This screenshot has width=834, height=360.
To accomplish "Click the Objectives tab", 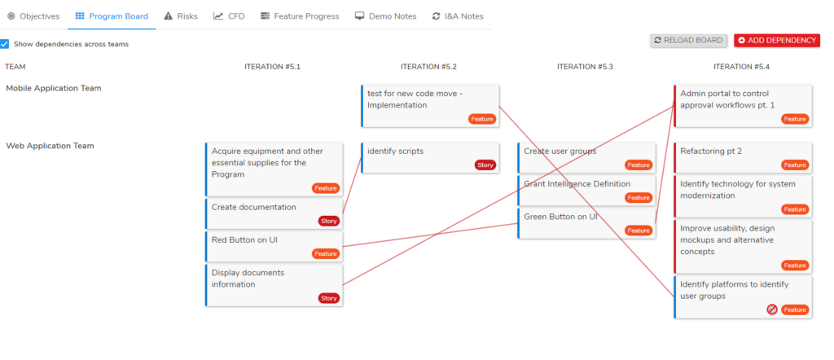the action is pyautogui.click(x=33, y=16).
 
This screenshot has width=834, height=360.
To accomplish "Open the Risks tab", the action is pyautogui.click(x=181, y=16).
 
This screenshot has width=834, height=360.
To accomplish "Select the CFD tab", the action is pyautogui.click(x=229, y=16).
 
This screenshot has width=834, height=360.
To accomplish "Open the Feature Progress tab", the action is pyautogui.click(x=300, y=16).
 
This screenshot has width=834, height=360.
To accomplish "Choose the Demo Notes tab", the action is pyautogui.click(x=385, y=16).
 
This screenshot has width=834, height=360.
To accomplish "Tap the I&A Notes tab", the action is pyautogui.click(x=458, y=16).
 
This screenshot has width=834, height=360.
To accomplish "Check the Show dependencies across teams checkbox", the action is pyautogui.click(x=5, y=44).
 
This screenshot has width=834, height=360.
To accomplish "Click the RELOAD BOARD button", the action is pyautogui.click(x=688, y=41).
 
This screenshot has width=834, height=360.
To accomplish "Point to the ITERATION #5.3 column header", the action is pyautogui.click(x=585, y=67).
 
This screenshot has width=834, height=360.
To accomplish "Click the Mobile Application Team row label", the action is pyautogui.click(x=53, y=88).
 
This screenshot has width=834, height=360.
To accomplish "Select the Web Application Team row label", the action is pyautogui.click(x=50, y=146).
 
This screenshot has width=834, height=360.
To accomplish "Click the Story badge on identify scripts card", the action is pyautogui.click(x=485, y=165).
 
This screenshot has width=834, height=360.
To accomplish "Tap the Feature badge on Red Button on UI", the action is pyautogui.click(x=326, y=253).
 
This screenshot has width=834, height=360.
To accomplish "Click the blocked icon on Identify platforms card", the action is pyautogui.click(x=772, y=310).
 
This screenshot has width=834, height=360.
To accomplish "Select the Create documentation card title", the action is pyautogui.click(x=254, y=208).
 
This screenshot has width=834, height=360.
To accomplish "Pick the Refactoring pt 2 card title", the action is pyautogui.click(x=711, y=151).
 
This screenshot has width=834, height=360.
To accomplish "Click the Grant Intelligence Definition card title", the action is pyautogui.click(x=577, y=184).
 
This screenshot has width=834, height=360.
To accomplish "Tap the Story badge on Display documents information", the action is pyautogui.click(x=329, y=298).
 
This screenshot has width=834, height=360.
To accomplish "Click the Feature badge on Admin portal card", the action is pyautogui.click(x=795, y=119).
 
